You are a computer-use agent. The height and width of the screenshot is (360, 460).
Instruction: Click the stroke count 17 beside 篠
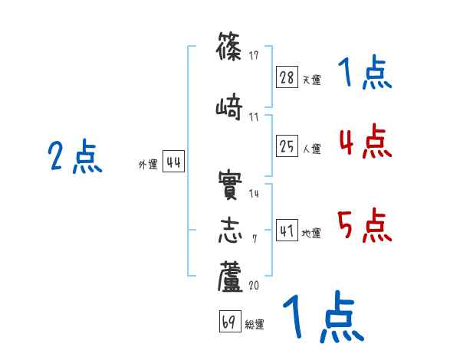click(x=254, y=55)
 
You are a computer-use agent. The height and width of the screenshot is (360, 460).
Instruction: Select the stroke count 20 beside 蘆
click(x=255, y=285)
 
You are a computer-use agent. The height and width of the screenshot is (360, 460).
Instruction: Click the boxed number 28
click(x=287, y=77)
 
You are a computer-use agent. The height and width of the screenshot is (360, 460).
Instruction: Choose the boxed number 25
click(x=287, y=146)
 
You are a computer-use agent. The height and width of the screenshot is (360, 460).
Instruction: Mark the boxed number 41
click(x=287, y=231)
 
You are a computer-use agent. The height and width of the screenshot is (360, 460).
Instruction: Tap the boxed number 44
click(x=173, y=162)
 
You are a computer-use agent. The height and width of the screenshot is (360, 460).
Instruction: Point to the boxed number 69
click(x=229, y=322)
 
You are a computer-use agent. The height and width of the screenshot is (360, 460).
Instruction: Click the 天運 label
click(x=311, y=80)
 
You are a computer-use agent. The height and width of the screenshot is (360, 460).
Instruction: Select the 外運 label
click(x=147, y=164)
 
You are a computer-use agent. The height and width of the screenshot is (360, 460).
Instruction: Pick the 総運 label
click(x=255, y=325)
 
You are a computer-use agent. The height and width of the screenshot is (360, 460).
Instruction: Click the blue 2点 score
click(x=74, y=157)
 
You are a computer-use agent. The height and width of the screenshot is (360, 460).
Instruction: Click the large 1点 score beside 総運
click(x=322, y=317)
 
